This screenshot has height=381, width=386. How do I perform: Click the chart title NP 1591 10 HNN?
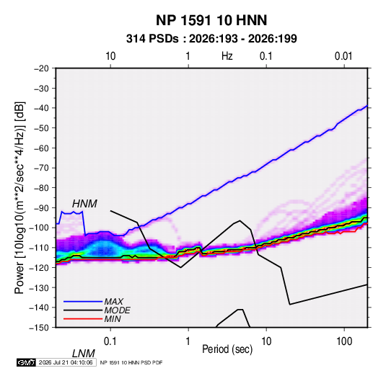(x=211, y=20)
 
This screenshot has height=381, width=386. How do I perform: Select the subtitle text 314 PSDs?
(x=152, y=39)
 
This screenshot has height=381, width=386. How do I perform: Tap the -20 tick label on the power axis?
(x=41, y=68)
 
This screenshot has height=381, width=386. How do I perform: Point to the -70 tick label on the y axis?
(x=41, y=168)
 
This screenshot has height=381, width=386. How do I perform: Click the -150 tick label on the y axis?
(x=39, y=328)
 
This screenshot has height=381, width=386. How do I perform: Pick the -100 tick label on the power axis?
(x=39, y=228)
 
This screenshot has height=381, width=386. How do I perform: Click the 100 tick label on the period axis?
(x=344, y=341)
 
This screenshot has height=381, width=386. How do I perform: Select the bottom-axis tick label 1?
(x=188, y=341)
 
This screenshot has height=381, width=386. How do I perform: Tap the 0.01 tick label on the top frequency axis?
(x=343, y=56)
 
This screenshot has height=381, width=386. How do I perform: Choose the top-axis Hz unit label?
(x=227, y=56)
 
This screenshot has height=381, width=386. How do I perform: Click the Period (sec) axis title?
(x=227, y=349)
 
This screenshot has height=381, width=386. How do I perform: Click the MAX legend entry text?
(x=114, y=301)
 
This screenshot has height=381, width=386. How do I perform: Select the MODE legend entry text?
(x=117, y=310)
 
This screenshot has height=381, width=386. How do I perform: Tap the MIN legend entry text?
(x=113, y=319)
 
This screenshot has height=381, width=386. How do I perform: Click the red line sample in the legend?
(x=83, y=319)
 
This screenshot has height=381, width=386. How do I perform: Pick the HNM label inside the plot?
(x=84, y=204)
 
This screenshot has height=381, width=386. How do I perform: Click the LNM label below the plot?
(x=84, y=354)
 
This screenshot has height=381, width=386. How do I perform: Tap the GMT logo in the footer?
(x=26, y=362)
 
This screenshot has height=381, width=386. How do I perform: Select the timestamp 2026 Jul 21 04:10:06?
(x=66, y=362)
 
